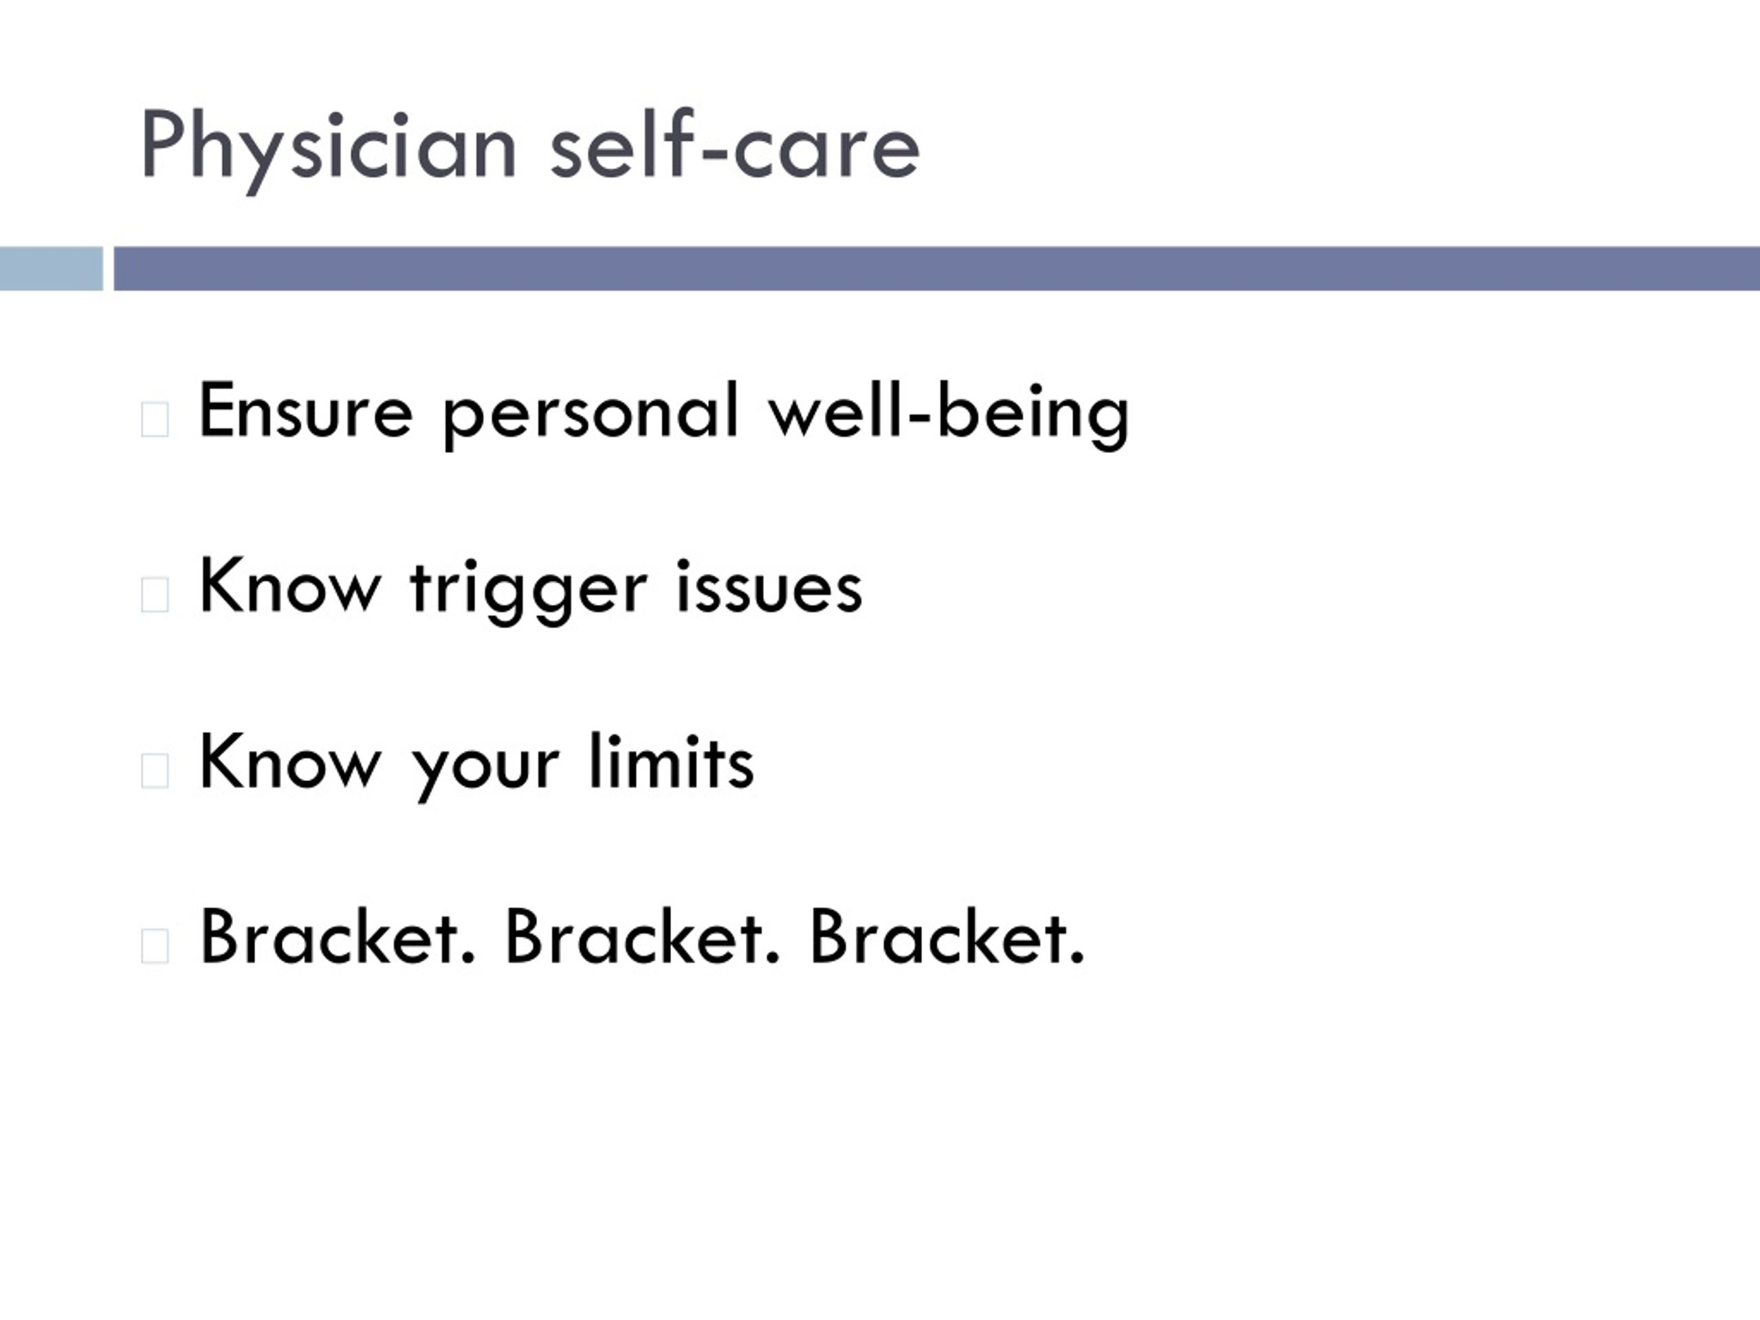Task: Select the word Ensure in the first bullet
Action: tap(305, 410)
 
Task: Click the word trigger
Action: tap(528, 593)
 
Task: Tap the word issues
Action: tap(769, 586)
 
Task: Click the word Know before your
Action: tap(289, 762)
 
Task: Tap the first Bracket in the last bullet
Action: tap(338, 936)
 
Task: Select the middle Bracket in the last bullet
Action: tap(643, 936)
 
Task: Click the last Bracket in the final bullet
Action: tap(947, 936)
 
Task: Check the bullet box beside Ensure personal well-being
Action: tap(155, 419)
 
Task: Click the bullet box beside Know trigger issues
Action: tap(155, 595)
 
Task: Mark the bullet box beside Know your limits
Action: tap(155, 770)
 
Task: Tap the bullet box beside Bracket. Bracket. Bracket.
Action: tap(155, 946)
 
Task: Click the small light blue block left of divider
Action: tap(51, 269)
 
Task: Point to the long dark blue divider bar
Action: tap(936, 269)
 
